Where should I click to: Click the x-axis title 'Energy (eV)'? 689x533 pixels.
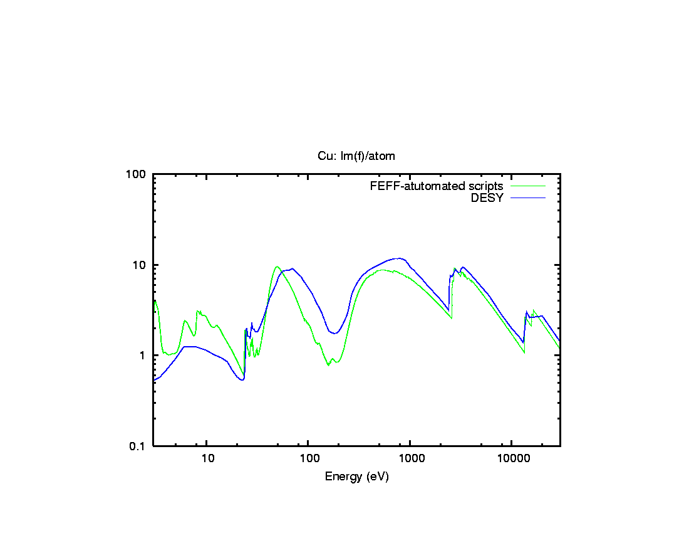click(x=356, y=477)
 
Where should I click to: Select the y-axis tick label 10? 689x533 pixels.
click(x=140, y=265)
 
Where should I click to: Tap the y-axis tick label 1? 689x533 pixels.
click(x=142, y=356)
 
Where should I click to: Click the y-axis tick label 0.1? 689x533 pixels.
click(x=138, y=446)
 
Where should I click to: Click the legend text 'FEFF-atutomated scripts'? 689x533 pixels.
click(x=437, y=186)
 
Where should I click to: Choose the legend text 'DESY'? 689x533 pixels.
click(x=487, y=198)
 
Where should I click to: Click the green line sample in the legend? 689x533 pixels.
click(x=528, y=186)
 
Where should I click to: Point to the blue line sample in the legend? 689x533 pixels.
click(x=528, y=198)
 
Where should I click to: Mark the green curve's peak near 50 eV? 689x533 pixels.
click(x=277, y=266)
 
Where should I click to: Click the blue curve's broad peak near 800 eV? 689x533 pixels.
click(x=398, y=258)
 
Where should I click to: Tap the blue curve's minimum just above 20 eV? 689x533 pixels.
click(x=242, y=379)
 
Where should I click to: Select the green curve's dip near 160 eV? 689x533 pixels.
click(x=328, y=365)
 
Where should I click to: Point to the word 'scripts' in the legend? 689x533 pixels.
click(x=486, y=186)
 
